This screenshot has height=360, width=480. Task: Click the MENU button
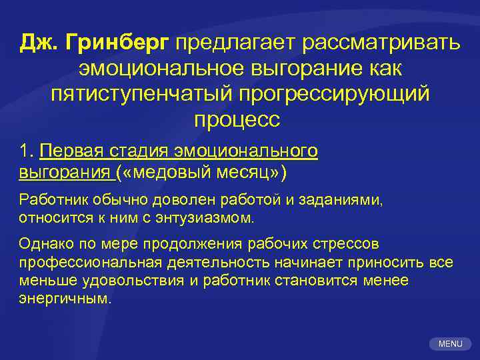click(450, 344)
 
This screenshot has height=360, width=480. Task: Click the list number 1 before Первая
click(26, 153)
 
